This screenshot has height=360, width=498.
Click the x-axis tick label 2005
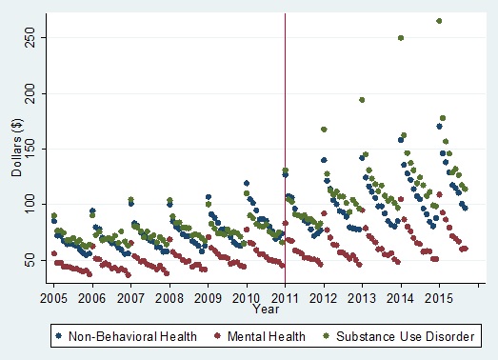53,298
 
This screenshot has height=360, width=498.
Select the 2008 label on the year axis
169,298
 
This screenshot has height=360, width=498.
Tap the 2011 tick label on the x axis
286,298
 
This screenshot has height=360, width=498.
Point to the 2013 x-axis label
363,298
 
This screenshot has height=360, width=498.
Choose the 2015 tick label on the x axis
439,298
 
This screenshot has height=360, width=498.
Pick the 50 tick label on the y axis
32,259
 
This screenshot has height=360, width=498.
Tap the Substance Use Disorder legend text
400,335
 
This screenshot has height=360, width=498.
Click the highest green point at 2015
439,21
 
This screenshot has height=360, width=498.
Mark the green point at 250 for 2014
401,38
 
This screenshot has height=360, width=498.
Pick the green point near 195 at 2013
362,100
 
